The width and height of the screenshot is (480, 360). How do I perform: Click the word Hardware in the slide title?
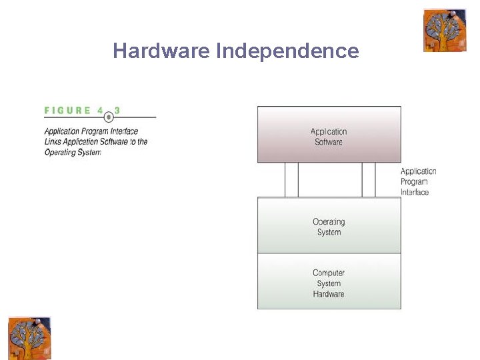point(161,51)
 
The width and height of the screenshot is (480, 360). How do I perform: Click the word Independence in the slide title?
point(287,51)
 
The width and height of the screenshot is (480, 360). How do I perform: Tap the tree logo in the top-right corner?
point(445,31)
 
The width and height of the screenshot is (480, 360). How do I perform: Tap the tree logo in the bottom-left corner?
point(29,338)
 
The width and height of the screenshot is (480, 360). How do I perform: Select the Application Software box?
point(329,134)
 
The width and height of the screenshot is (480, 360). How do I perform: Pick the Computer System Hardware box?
point(329,281)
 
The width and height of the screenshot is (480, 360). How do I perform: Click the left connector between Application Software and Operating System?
point(291,180)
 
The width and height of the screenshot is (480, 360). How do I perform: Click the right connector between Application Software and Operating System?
point(369,180)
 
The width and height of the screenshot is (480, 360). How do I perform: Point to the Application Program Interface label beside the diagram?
point(418,181)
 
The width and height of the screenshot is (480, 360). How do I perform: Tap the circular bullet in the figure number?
point(109,117)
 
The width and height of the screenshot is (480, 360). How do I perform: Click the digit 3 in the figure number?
point(117,111)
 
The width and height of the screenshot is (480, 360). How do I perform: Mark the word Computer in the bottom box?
point(329,273)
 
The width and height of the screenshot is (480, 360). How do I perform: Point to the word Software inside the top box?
point(329,142)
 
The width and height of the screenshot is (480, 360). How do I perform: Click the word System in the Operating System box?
point(329,232)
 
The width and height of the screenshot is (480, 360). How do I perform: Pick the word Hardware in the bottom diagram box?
point(329,294)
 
